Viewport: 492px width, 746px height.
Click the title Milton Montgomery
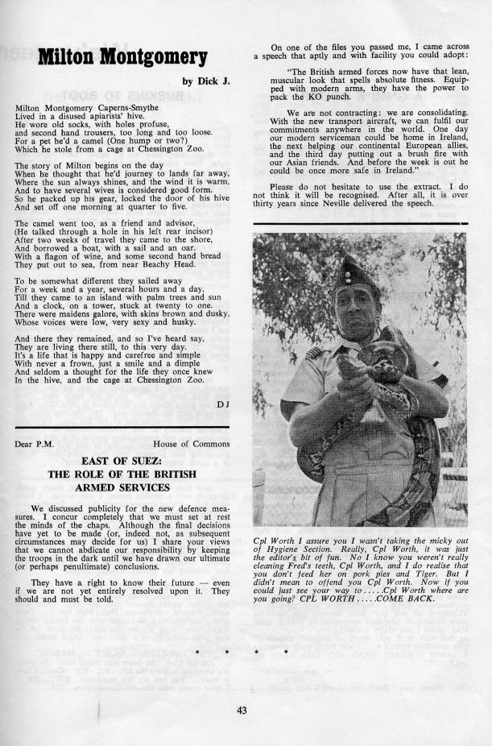123,56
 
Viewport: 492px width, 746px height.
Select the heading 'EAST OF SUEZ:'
122,460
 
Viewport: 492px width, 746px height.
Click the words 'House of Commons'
192,443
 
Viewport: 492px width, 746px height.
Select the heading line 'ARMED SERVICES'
122,487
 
